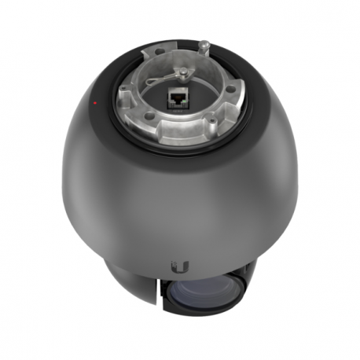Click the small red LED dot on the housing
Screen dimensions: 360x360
(x=94, y=103)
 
